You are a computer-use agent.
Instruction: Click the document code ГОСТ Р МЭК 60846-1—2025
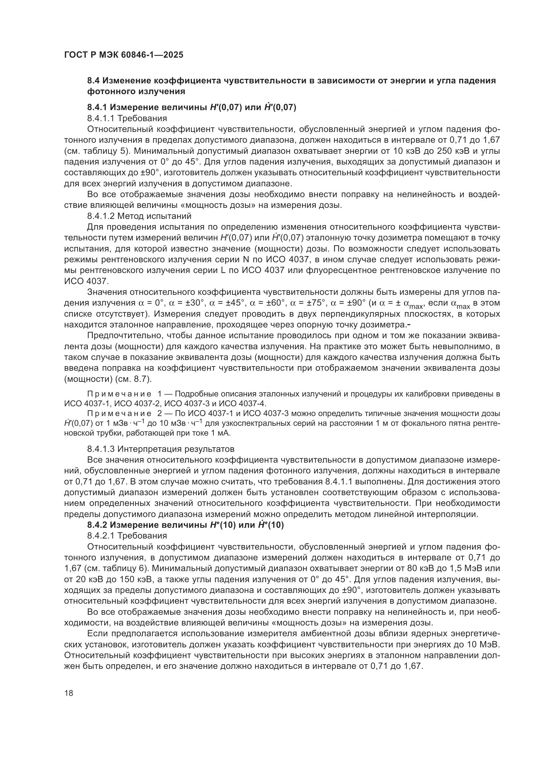(124, 55)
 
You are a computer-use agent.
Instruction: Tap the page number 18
(68, 693)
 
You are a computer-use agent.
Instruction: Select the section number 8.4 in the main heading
(94, 81)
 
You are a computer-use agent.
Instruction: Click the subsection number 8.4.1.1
(101, 118)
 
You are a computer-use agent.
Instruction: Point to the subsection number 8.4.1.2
(101, 216)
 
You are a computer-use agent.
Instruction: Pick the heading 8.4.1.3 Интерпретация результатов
(161, 449)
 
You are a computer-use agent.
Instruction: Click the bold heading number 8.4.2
(97, 525)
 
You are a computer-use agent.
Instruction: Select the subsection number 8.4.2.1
(101, 536)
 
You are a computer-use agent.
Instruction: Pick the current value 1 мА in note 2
(219, 433)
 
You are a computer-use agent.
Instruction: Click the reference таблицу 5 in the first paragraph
(103, 151)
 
